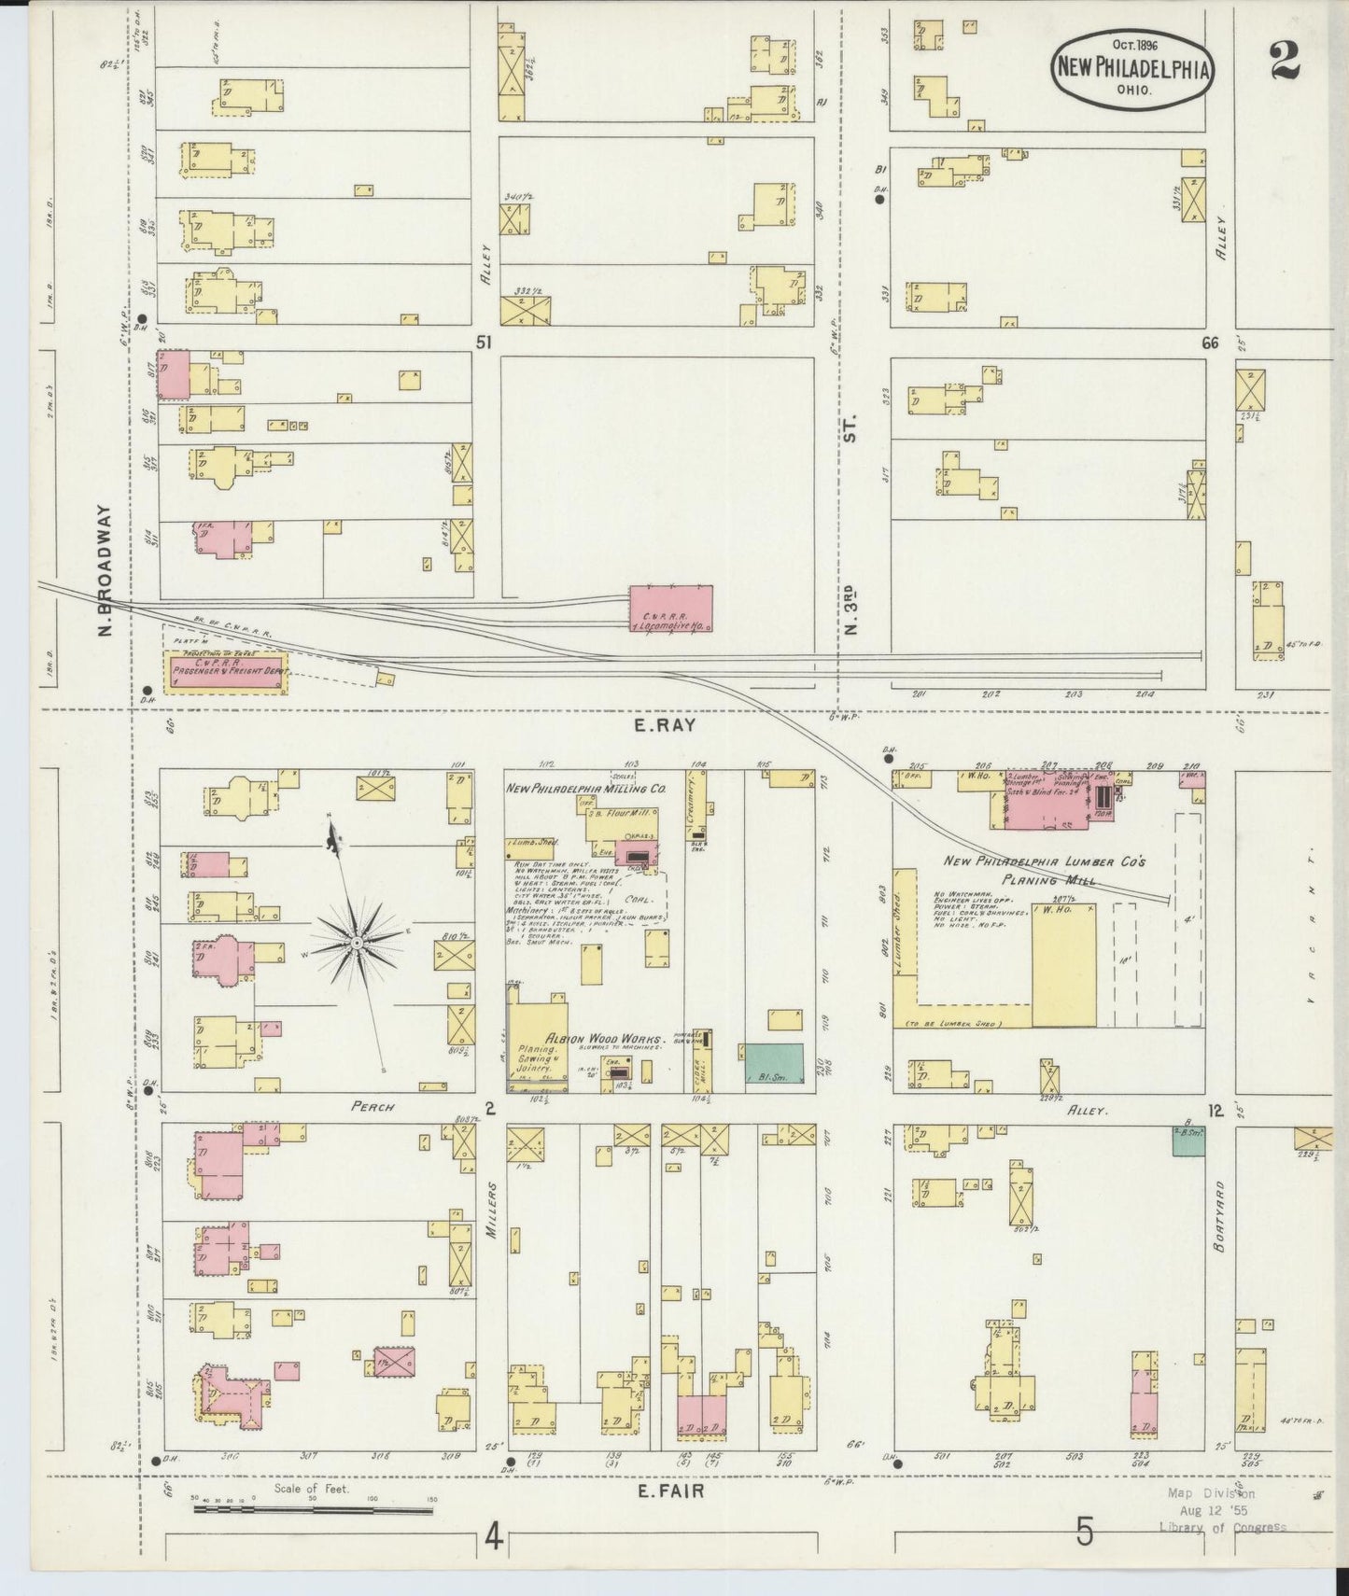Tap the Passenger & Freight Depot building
coord(227,672)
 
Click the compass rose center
coord(357,945)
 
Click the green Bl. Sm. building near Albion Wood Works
coord(774,1064)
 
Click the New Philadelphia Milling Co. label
coord(586,789)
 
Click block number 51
coord(483,343)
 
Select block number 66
coord(1210,343)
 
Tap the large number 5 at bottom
coord(1083,1533)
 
